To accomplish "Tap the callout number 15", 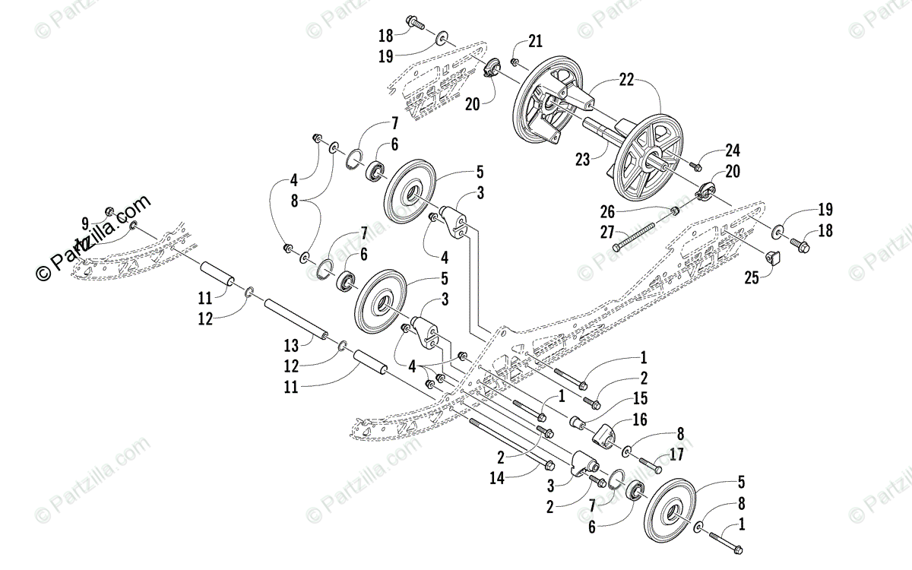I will tap(641, 397).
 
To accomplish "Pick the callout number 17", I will tap(677, 456).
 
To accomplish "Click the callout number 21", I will tap(536, 40).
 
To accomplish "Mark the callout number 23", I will tap(583, 160).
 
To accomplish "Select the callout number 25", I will tap(752, 279).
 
